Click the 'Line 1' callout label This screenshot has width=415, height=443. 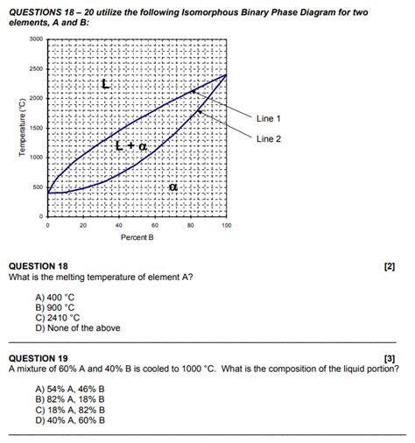pos(269,118)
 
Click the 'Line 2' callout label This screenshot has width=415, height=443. pos(269,139)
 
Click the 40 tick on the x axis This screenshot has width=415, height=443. pos(119,225)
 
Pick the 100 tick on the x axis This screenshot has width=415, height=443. pos(226,225)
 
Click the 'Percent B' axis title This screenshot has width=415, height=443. pos(137,237)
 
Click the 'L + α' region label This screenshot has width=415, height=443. pos(131,145)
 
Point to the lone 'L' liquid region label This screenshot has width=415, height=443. pos(105,85)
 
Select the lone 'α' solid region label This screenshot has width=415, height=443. pos(173,186)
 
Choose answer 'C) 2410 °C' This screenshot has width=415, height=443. pos(58,318)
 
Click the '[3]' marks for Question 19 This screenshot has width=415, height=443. pos(390,358)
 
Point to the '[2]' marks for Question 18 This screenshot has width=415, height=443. pos(390,266)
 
